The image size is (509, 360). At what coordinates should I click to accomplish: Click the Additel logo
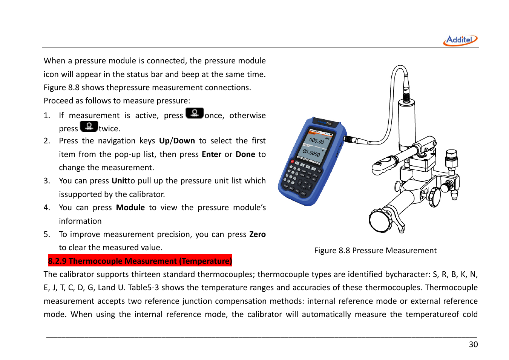point(460,40)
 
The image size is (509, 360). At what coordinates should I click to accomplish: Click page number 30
point(473,344)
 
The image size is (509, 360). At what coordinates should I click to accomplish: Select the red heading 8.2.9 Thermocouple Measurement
point(140,261)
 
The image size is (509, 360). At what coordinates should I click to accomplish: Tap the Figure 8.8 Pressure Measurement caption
point(375,251)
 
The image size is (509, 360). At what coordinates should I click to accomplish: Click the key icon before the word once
point(195,113)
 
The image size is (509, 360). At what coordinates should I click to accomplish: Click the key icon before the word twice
point(89,126)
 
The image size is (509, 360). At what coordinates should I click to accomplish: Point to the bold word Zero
point(257,234)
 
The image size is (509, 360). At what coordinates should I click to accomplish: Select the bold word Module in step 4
point(130,208)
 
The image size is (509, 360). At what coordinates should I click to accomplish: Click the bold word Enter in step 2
point(211,154)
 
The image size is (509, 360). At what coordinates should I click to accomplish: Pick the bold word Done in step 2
point(245,154)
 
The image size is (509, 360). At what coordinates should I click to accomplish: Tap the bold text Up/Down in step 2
point(177,141)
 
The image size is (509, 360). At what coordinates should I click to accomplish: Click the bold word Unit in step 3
point(119,181)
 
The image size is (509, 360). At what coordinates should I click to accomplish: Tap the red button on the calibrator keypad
point(292,162)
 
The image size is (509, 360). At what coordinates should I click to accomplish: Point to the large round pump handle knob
point(380,220)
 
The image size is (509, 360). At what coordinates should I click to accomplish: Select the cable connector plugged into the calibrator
point(353,140)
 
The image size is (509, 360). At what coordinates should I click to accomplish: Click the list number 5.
point(46,234)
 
